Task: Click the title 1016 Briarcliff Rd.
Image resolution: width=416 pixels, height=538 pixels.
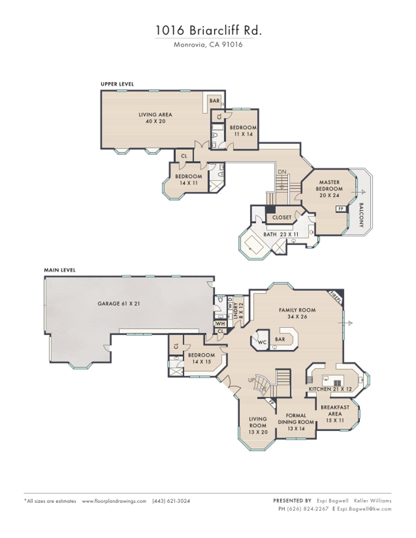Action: click(208, 30)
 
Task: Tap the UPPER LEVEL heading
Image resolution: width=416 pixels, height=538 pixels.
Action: click(117, 84)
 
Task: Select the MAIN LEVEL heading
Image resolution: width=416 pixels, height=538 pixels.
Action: click(60, 270)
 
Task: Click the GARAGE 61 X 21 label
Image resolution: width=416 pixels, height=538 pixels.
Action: click(119, 303)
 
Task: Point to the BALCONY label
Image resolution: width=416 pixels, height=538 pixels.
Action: click(361, 215)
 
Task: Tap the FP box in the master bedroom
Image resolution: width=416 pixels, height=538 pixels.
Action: click(341, 209)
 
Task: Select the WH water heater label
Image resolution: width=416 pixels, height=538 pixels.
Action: click(220, 323)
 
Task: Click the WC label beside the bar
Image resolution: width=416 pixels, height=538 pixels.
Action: click(262, 342)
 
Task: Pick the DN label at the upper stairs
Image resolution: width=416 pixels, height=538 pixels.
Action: click(282, 172)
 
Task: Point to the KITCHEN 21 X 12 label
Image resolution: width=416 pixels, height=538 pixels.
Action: click(330, 389)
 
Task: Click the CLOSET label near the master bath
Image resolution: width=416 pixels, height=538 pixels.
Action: click(281, 217)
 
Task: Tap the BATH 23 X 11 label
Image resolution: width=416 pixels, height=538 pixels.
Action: click(281, 234)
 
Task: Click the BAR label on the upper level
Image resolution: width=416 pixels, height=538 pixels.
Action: click(214, 101)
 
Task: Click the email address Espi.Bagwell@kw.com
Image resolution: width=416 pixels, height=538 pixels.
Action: click(364, 509)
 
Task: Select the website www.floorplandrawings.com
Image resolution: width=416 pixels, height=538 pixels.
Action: click(114, 501)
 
